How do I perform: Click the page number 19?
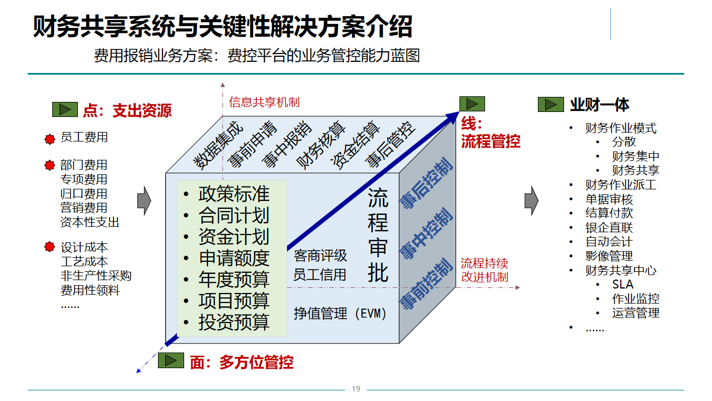356,389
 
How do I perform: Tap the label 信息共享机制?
264,102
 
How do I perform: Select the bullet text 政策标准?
234,194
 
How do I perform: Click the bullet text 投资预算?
234,322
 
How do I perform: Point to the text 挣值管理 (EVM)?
340,314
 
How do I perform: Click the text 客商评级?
320,256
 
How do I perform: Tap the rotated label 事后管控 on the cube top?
390,144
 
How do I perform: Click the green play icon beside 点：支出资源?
65,110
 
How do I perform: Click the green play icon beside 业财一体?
551,105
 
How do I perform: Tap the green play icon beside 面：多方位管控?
171,360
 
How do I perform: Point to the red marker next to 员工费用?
50,138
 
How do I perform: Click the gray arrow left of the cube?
144,200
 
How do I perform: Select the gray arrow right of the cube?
531,200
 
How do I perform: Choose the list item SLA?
623,285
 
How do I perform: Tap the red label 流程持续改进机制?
484,270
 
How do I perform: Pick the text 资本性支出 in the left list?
90,222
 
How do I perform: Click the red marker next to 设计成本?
50,247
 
